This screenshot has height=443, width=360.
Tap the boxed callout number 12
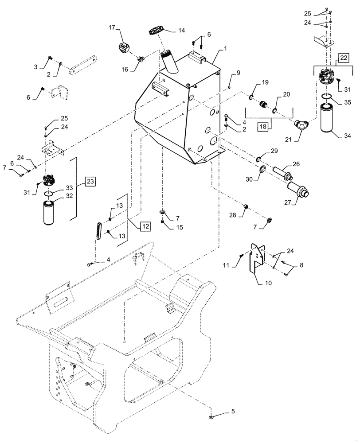coord(145,226)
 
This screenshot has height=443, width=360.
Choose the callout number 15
coord(179,227)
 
